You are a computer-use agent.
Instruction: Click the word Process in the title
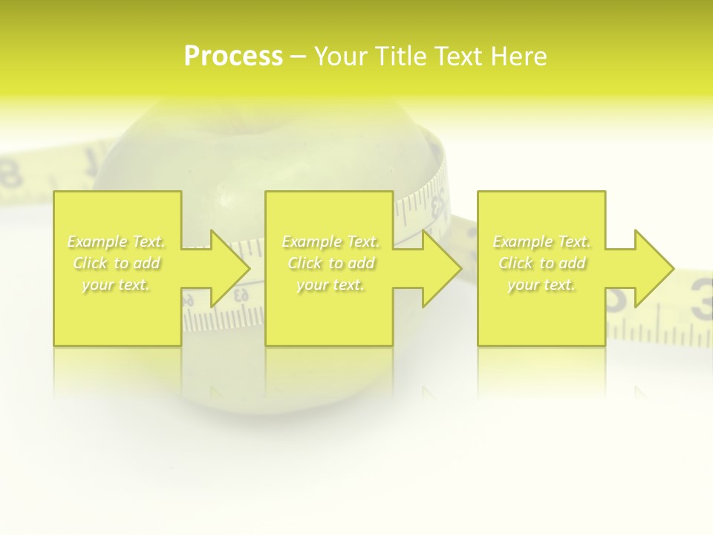233,56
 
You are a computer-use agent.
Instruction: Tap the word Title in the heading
402,56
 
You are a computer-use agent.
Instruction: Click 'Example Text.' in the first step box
117,241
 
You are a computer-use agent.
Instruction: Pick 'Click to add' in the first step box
117,263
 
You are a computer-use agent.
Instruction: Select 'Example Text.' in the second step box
331,241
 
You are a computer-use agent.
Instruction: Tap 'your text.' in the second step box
331,285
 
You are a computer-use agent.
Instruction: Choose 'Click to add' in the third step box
542,263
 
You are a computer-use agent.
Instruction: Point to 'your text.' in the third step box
542,285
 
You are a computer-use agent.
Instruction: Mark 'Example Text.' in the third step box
542,241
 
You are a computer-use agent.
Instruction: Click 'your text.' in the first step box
117,285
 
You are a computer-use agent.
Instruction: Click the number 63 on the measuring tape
241,295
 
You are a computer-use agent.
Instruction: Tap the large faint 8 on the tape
10,175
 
